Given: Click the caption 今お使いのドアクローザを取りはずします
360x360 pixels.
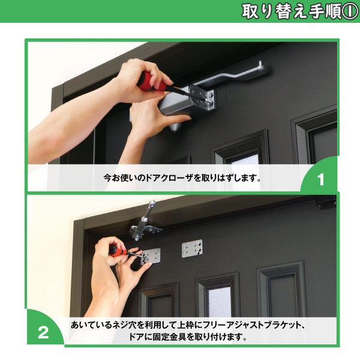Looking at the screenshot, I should pos(182,178).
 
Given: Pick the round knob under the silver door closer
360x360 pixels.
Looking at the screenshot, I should pos(173,127).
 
